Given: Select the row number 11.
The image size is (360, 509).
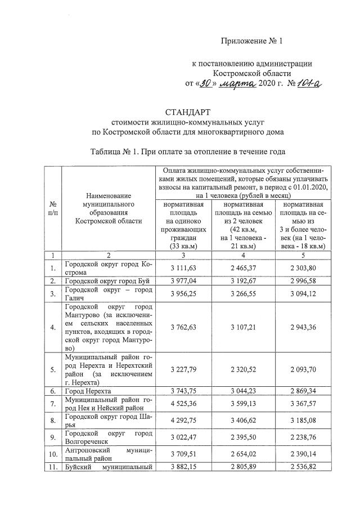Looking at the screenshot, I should pyautogui.click(x=52, y=467).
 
